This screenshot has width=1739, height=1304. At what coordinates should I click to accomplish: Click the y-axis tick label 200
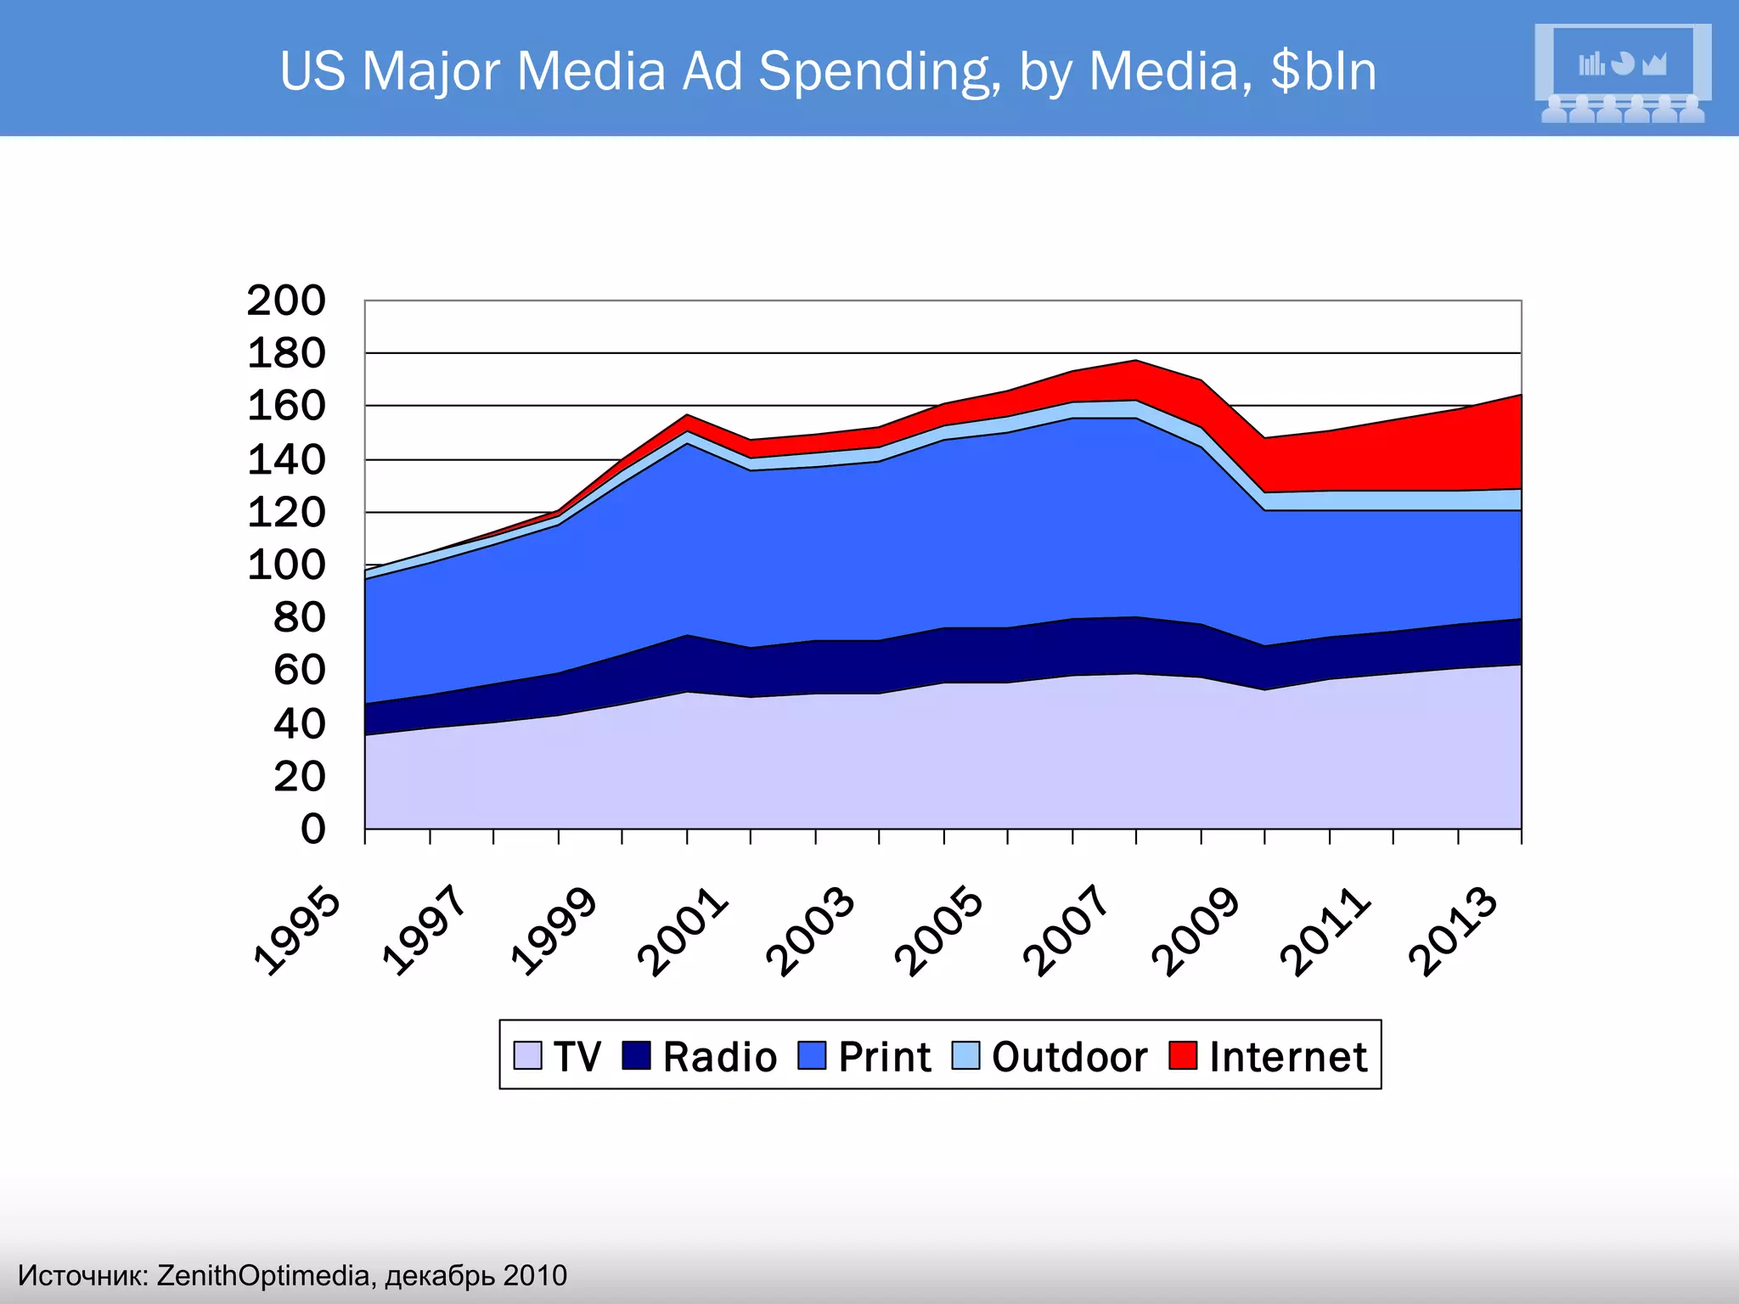click(286, 301)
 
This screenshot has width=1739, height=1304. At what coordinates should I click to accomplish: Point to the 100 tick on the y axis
click(286, 565)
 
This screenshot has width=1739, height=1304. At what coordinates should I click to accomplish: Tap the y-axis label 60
click(299, 671)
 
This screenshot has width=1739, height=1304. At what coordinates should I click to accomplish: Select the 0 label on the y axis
click(312, 829)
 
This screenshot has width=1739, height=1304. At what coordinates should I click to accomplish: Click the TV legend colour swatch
click(527, 1055)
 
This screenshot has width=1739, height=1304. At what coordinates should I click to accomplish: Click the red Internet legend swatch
click(1183, 1055)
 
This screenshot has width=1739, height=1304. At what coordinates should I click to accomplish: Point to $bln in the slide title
click(1323, 71)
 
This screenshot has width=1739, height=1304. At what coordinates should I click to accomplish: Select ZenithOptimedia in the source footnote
click(263, 1275)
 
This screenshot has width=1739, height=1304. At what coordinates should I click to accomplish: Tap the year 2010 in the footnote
click(535, 1275)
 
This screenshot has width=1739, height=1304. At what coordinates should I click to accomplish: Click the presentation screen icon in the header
click(1622, 73)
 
